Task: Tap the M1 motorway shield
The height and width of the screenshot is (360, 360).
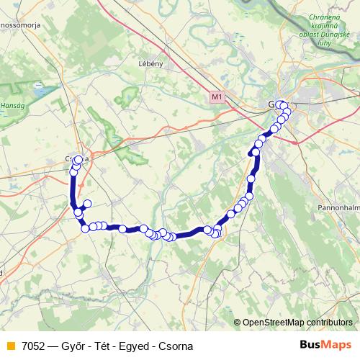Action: [x=217, y=96]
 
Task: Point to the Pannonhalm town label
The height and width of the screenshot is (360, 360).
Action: [x=338, y=207]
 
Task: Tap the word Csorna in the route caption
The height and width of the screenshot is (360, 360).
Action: [x=177, y=346]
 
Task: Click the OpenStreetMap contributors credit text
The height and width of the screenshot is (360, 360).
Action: [x=297, y=323]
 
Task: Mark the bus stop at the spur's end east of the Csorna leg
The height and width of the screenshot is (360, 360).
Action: [x=88, y=204]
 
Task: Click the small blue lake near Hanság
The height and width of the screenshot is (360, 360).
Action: [x=37, y=92]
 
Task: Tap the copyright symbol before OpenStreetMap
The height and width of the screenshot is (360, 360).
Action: [x=238, y=323]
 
